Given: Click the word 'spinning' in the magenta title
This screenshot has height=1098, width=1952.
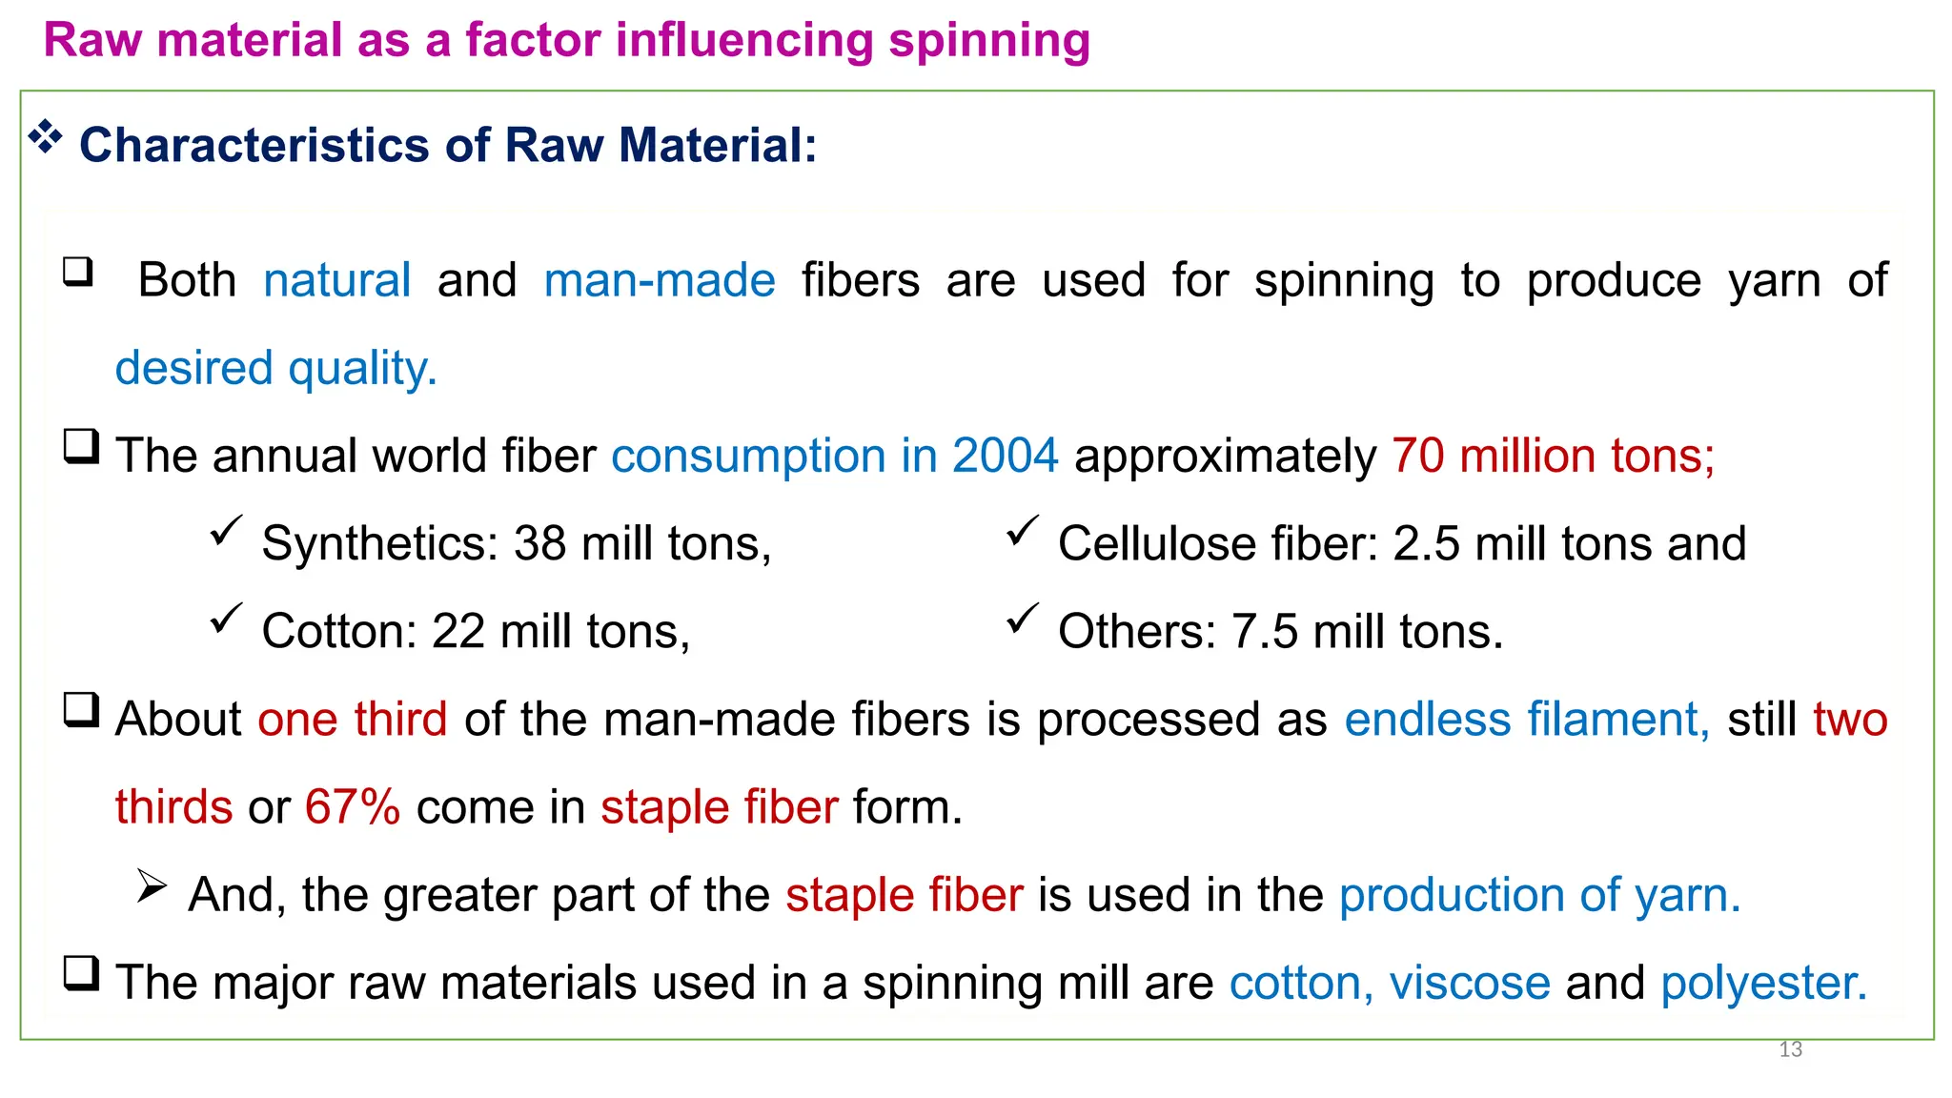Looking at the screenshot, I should point(988,42).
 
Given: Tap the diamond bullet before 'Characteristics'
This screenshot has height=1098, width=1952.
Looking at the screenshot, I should point(45,138).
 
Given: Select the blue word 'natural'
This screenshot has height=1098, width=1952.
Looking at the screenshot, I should point(336,281).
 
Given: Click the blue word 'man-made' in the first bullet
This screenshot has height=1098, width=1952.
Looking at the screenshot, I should point(660,281).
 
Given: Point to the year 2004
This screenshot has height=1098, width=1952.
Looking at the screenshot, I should point(1005,456).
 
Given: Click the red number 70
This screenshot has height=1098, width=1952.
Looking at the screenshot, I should point(1417,456).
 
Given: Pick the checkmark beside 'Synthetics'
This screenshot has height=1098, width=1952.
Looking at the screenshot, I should point(226,531).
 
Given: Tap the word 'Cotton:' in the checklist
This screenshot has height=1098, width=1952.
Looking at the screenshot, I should point(339,632).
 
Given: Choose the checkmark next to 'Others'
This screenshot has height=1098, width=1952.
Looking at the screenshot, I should point(1022,620).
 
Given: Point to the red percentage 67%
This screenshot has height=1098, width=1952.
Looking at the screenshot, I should point(352,807).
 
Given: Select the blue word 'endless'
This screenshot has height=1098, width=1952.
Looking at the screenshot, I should point(1427,720).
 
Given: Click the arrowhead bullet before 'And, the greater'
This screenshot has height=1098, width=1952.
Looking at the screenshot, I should point(151,886).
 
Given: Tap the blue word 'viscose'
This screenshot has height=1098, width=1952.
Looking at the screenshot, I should point(1470,984).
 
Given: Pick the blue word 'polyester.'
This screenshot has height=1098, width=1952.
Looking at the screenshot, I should point(1763,984).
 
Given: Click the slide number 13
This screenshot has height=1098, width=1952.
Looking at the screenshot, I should point(1790,1049).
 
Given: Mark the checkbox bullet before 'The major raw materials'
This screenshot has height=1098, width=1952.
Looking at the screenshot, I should point(81,973).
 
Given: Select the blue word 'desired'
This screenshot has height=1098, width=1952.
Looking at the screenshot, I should point(193,369).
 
